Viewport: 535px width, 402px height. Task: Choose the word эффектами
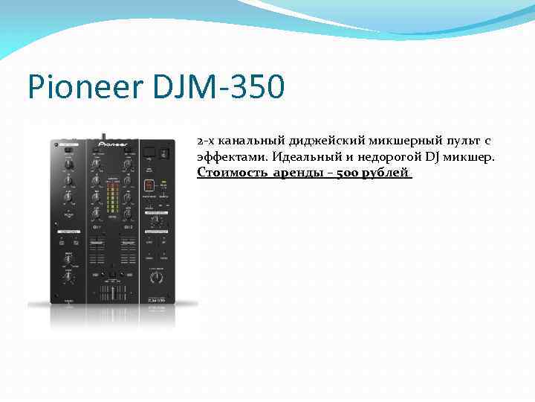pyautogui.click(x=231, y=157)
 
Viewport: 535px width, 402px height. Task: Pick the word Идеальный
pyautogui.click(x=305, y=157)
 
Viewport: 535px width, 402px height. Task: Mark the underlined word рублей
pyautogui.click(x=390, y=173)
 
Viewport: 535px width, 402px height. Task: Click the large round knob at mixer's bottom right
pyautogui.click(x=157, y=277)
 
